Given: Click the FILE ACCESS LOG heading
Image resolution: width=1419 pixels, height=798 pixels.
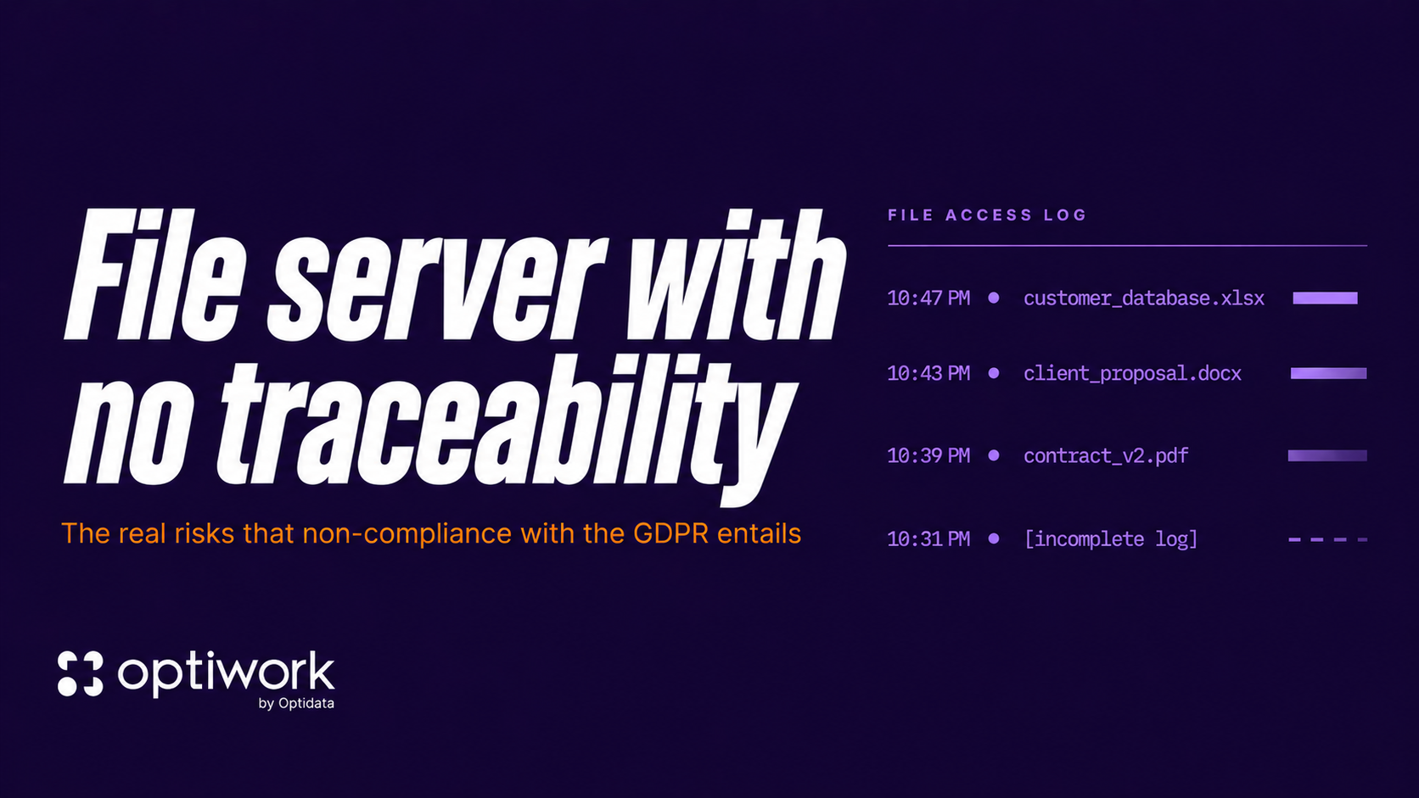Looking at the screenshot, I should click(x=987, y=215).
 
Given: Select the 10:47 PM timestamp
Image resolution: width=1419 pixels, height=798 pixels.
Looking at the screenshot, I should click(x=928, y=299).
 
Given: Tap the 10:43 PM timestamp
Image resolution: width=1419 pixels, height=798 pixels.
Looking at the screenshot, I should click(x=928, y=373).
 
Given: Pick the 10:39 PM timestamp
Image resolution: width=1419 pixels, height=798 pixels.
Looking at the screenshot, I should click(x=928, y=455).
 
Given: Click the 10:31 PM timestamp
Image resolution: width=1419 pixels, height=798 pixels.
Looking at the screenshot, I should click(x=928, y=539).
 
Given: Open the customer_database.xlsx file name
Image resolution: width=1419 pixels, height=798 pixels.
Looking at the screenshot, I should click(x=1144, y=299).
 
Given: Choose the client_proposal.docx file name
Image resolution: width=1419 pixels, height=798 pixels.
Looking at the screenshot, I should click(x=1132, y=373).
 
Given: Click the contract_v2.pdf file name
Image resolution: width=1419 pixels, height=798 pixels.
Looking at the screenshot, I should click(x=1106, y=455).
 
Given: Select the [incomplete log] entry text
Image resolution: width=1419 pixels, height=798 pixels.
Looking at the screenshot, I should click(x=1111, y=539).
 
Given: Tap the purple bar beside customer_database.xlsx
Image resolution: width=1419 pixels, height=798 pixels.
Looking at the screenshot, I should click(x=1325, y=299).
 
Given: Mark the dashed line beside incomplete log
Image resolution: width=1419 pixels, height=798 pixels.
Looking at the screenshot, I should click(x=1327, y=539).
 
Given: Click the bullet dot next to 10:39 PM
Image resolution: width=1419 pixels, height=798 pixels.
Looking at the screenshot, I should click(x=994, y=455).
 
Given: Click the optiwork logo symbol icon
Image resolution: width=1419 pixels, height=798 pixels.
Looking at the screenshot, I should click(x=81, y=674).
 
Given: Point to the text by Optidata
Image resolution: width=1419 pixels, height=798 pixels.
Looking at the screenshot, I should click(x=296, y=703).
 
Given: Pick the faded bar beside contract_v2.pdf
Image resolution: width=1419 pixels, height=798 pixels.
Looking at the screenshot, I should click(x=1327, y=455).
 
